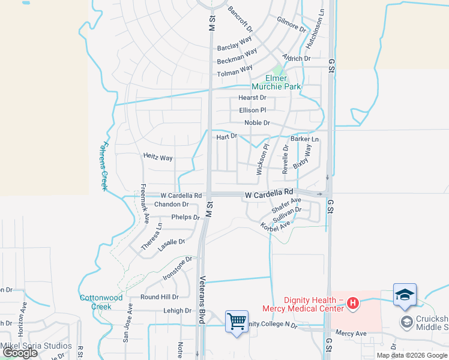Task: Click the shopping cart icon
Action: (237, 321)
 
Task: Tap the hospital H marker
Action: (353, 304)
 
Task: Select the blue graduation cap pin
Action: (405, 294)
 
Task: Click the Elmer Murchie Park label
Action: (283, 82)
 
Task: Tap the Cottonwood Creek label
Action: (101, 302)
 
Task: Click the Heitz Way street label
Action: (158, 158)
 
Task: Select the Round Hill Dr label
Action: (159, 297)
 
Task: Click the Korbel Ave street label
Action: (275, 227)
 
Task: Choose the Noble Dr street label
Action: (257, 123)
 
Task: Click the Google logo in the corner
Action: (19, 353)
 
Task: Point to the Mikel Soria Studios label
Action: (36, 346)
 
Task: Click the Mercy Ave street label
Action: (351, 333)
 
